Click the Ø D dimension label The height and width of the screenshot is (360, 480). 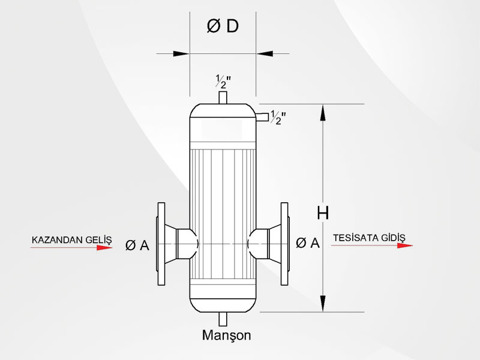click(x=223, y=26)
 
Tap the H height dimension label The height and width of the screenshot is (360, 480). click(x=323, y=213)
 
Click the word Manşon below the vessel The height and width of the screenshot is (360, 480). click(x=227, y=335)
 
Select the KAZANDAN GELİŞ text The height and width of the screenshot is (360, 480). click(x=71, y=240)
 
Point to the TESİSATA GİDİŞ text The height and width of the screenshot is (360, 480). click(x=369, y=238)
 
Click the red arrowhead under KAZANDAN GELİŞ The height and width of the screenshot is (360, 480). click(x=104, y=247)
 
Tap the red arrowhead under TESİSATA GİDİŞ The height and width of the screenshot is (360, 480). click(x=405, y=245)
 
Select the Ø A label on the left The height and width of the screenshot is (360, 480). click(x=137, y=245)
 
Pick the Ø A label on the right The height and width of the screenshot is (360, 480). click(x=308, y=243)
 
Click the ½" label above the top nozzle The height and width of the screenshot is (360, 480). click(x=223, y=81)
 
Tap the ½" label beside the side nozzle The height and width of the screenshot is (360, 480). click(x=278, y=118)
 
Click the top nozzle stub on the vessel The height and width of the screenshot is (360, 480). click(x=223, y=98)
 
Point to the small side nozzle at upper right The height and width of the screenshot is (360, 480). click(x=262, y=117)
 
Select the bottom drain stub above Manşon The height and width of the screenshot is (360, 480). click(x=223, y=319)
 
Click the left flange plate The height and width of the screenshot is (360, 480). click(x=161, y=244)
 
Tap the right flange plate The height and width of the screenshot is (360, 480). click(x=284, y=244)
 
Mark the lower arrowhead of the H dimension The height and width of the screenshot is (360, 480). click(x=323, y=304)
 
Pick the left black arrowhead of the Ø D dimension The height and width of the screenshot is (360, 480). click(x=181, y=53)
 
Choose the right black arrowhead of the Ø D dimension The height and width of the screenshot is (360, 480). click(x=265, y=53)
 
